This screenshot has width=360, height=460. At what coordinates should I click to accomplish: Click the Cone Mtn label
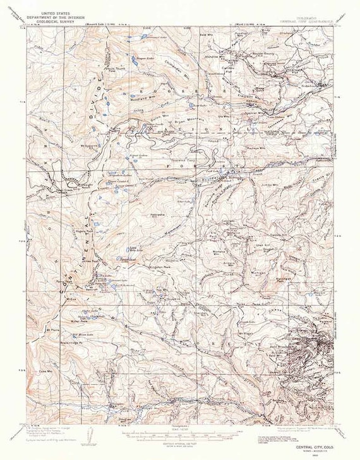click(x=44, y=372)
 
